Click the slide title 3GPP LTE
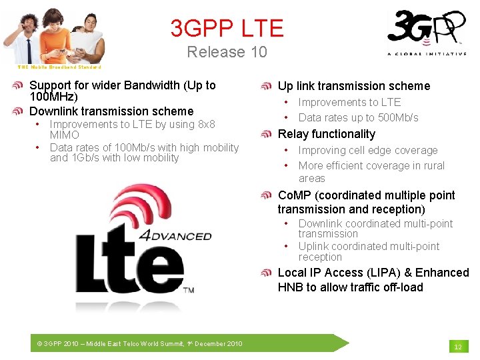point(227,28)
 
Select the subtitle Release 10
point(227,52)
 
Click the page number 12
point(457,347)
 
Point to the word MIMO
point(65,135)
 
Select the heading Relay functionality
point(326,134)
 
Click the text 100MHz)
point(53,97)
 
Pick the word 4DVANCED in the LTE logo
point(175,235)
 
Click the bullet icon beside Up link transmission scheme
point(266,86)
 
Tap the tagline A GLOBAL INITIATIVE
point(427,54)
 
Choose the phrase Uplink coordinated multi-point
point(369,246)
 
